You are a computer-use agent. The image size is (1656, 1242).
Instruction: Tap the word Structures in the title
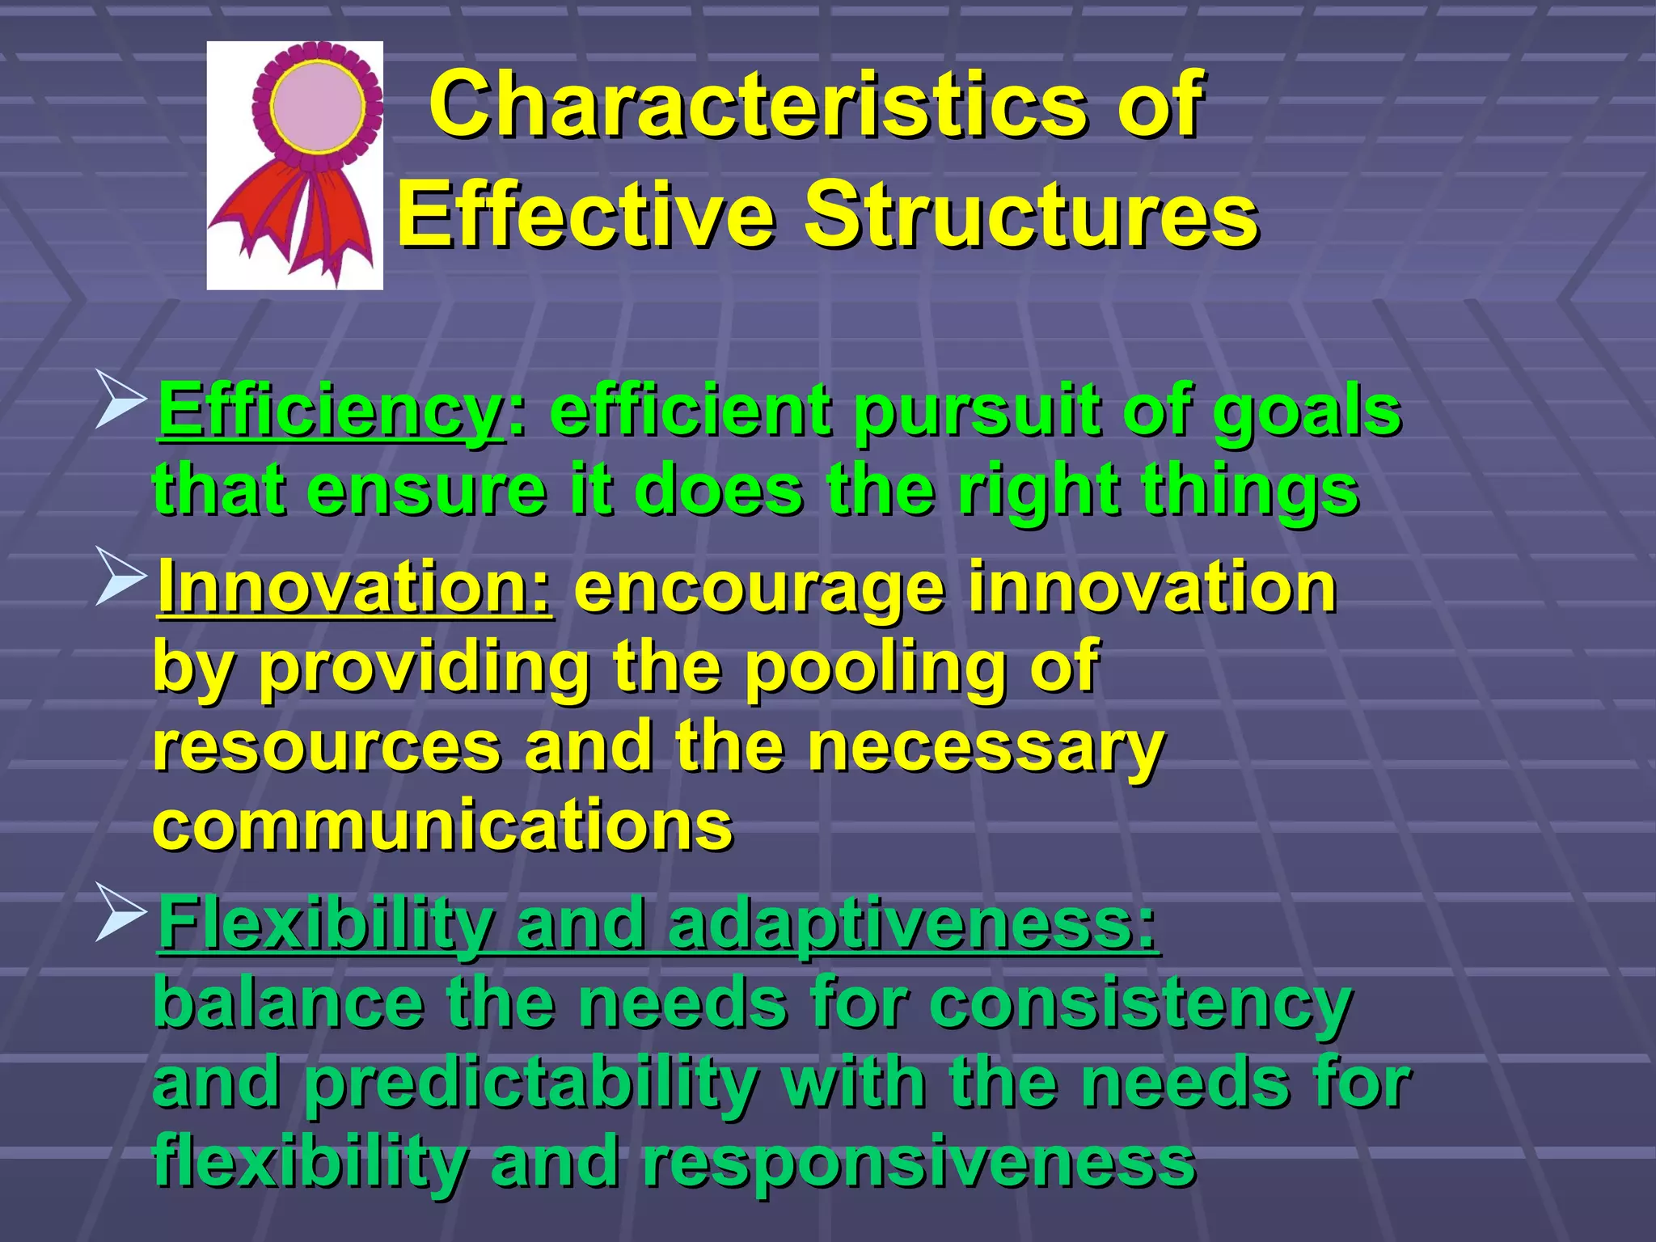click(x=1031, y=215)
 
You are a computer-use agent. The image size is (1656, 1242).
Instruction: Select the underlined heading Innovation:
click(x=356, y=588)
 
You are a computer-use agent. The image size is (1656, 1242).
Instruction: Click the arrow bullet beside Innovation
click(x=120, y=576)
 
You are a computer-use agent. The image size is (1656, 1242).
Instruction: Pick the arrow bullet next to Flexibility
click(x=120, y=912)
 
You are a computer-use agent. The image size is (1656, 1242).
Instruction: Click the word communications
click(x=443, y=825)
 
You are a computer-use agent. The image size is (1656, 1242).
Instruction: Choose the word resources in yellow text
click(x=327, y=746)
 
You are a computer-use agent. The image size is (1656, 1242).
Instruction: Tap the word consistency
click(x=1140, y=1004)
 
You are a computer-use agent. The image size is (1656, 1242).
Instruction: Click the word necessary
click(x=986, y=746)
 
